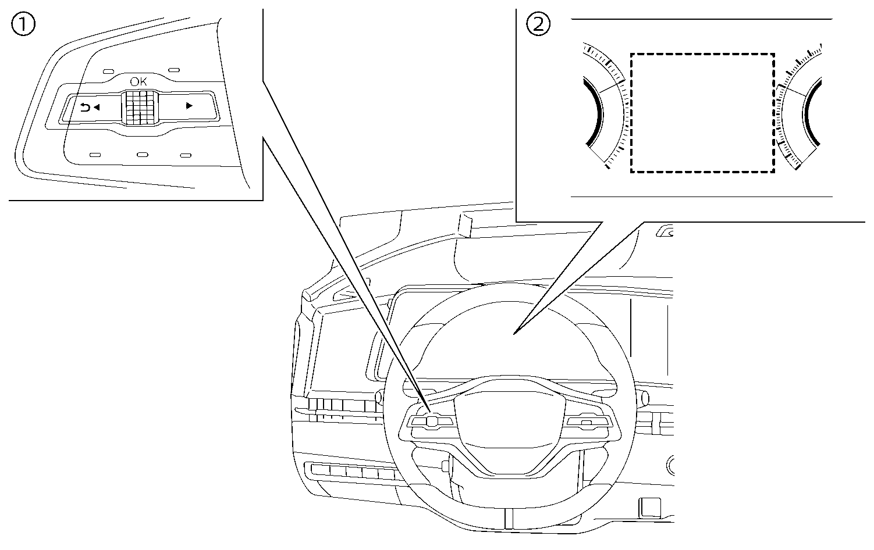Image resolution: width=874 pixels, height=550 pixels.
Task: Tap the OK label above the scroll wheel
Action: pyautogui.click(x=138, y=82)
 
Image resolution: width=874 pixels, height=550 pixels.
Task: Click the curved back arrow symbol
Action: pyautogui.click(x=85, y=107)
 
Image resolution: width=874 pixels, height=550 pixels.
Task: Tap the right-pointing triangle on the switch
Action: pyautogui.click(x=189, y=106)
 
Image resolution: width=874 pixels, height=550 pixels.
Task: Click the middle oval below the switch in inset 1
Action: pyautogui.click(x=142, y=155)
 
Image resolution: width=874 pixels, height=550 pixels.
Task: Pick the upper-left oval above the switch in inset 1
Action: pyautogui.click(x=109, y=71)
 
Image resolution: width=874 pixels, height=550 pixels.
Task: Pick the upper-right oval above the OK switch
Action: pyautogui.click(x=173, y=71)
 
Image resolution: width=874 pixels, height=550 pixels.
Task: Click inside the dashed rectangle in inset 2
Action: pyautogui.click(x=702, y=113)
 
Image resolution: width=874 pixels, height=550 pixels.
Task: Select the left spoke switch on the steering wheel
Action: pyautogui.click(x=429, y=421)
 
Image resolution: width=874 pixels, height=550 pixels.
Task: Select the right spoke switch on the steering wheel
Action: pyautogui.click(x=587, y=423)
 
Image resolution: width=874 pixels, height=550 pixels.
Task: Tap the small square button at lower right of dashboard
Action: pyautogui.click(x=650, y=506)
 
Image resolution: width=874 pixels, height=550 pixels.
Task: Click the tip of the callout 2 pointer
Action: pyautogui.click(x=514, y=334)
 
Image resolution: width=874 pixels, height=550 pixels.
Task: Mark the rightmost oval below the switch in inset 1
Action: pyautogui.click(x=186, y=155)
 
